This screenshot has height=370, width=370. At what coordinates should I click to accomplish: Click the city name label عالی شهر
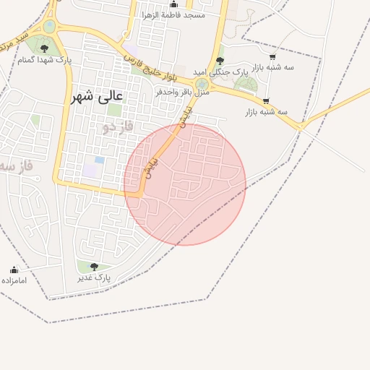tap(98, 95)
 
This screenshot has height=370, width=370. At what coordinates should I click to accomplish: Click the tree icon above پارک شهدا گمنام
tap(44, 48)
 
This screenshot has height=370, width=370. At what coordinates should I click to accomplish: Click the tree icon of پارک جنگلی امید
tap(220, 60)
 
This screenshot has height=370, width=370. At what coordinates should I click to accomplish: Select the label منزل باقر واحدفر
tap(182, 92)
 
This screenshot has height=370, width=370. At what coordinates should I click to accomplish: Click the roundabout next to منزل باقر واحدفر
tap(202, 84)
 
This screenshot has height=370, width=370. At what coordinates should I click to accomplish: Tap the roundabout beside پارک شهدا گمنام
tap(49, 27)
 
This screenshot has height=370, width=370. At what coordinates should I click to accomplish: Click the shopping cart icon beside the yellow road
tap(267, 102)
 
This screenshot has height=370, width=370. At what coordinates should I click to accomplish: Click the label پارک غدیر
tap(94, 277)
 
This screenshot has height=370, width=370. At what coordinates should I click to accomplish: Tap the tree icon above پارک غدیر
tap(94, 267)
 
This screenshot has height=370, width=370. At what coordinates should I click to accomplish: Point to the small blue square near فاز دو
tap(100, 160)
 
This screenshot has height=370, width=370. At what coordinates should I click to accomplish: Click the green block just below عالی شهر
tap(114, 110)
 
